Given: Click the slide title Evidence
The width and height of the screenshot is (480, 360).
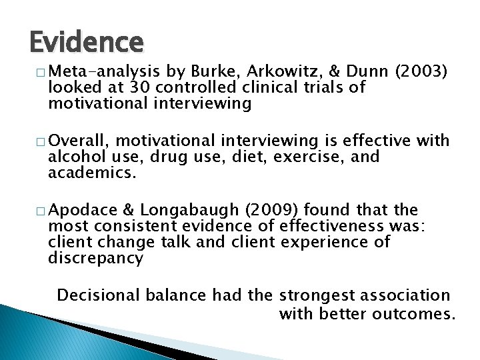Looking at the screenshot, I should click(86, 42).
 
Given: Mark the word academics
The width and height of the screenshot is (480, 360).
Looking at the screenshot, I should click(92, 173).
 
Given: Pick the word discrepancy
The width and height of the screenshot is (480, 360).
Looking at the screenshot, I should click(95, 258).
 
